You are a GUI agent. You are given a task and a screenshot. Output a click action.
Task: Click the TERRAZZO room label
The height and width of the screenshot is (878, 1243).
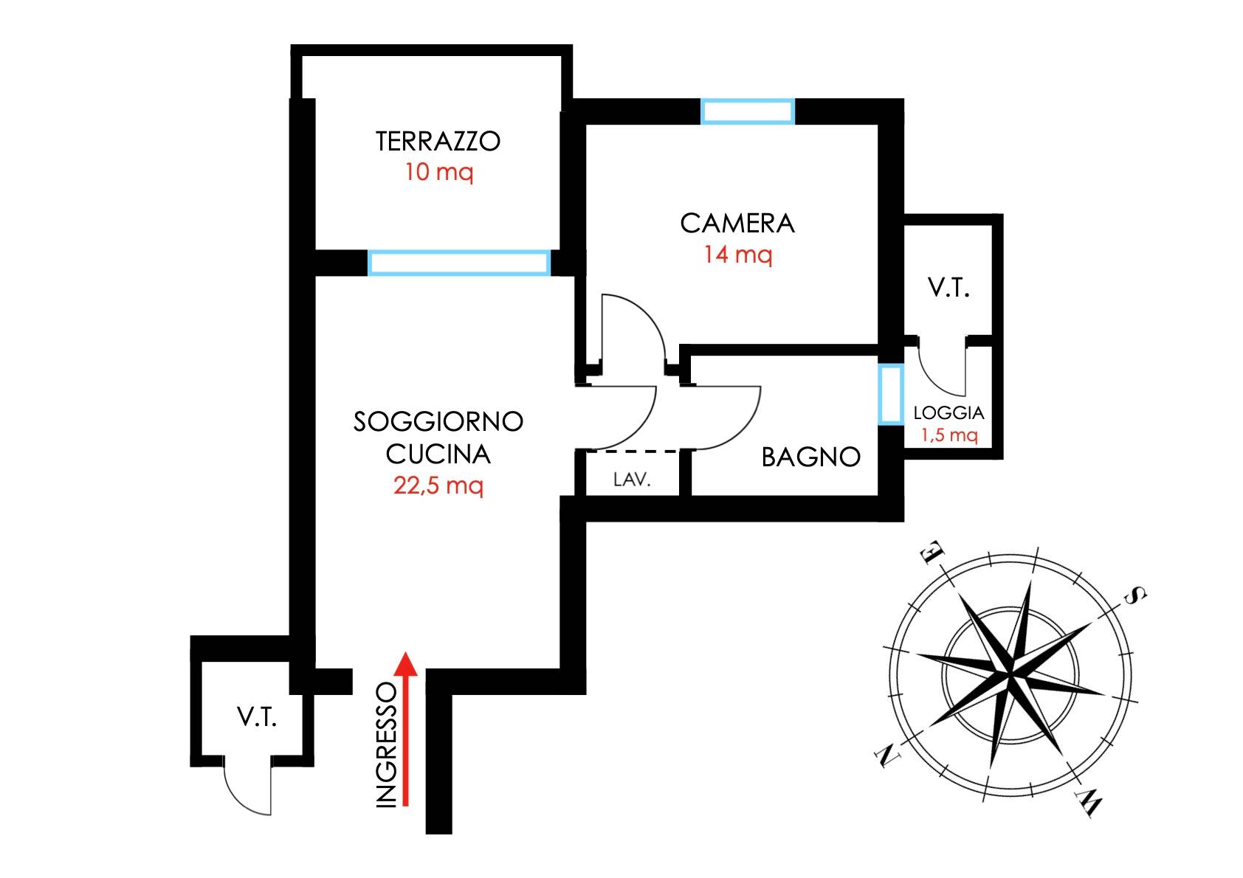pos(438,142)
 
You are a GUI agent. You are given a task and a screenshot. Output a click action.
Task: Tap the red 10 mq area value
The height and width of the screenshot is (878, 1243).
pos(439,173)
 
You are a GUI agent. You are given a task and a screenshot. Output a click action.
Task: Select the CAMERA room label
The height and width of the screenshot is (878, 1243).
pos(737,224)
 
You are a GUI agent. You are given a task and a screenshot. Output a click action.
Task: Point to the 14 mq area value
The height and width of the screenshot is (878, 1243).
pos(738,255)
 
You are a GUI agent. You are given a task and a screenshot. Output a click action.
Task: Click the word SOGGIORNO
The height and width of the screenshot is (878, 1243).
pos(438,421)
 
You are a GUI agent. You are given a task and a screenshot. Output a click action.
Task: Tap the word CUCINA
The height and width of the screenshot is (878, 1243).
pos(438,454)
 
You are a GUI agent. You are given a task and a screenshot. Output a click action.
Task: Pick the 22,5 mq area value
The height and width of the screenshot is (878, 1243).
pos(438,486)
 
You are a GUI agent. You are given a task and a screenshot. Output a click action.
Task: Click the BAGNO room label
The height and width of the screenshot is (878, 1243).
pos(810,457)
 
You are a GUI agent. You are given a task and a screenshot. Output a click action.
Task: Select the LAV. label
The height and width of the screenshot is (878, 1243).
pos(632,480)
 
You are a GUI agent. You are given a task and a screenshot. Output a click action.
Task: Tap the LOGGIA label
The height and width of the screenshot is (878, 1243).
pos(948,412)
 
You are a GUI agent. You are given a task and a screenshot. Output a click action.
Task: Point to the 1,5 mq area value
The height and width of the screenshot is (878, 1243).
pos(949,435)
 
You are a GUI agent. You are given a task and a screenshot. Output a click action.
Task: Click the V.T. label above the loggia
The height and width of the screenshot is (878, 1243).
pos(948,288)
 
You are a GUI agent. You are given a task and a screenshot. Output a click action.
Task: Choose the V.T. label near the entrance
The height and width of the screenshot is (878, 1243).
pos(257,717)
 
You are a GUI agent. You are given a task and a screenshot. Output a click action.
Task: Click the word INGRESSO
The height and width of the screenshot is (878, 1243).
pos(387,744)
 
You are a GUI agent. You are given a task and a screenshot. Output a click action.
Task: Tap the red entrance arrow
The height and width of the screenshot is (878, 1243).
pos(406,729)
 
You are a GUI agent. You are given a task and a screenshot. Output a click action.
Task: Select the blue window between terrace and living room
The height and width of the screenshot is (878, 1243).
pos(459,263)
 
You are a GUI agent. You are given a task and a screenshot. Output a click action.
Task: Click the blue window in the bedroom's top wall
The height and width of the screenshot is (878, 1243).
pos(748,111)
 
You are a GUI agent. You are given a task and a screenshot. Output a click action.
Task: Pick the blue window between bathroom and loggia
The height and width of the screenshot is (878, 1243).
pos(891,394)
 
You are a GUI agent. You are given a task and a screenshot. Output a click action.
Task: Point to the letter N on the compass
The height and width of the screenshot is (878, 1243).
pos(888,756)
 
